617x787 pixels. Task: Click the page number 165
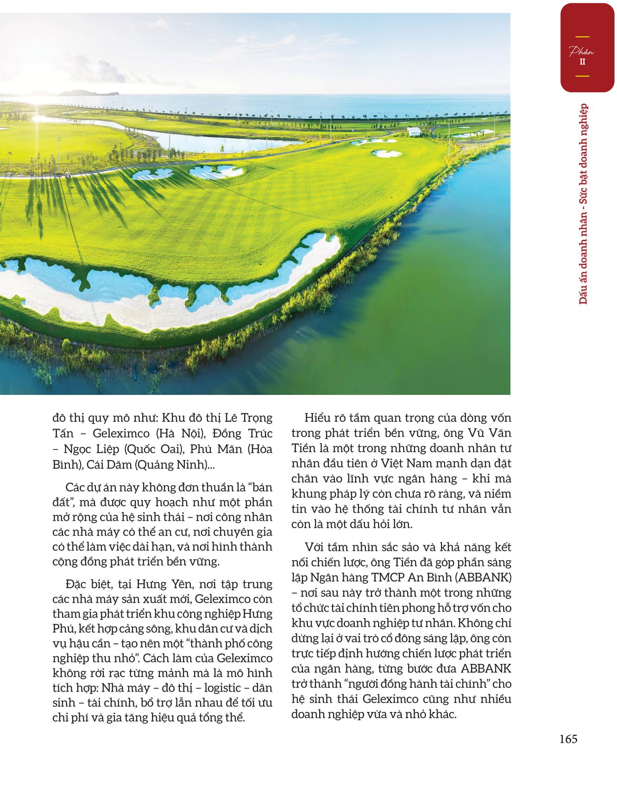click(x=568, y=739)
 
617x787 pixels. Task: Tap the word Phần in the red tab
click(x=582, y=52)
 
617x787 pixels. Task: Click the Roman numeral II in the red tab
click(x=582, y=62)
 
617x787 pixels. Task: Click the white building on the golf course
click(x=415, y=131)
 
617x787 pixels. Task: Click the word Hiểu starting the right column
click(x=319, y=418)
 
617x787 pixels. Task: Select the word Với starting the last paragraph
click(x=315, y=547)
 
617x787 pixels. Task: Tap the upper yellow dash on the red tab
click(x=582, y=37)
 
